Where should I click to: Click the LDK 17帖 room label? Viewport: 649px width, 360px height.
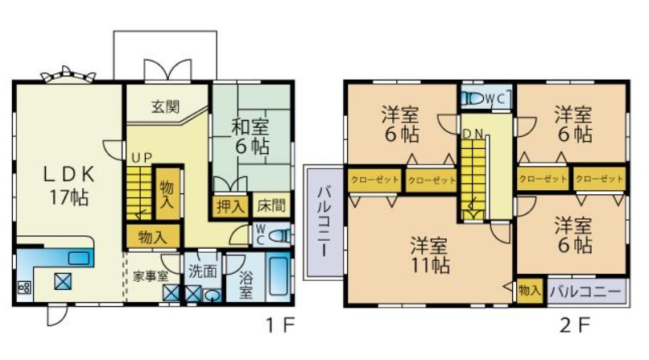69,186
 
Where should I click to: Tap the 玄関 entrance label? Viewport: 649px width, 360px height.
165,107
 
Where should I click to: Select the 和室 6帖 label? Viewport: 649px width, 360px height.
250,137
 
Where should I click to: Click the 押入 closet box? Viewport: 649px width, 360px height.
230,205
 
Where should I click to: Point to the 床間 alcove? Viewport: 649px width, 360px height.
271,205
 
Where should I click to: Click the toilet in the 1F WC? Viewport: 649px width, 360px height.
280,236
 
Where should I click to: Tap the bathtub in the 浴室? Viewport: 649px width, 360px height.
278,276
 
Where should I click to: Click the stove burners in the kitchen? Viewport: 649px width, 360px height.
24,287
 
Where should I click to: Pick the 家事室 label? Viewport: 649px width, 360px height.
151,276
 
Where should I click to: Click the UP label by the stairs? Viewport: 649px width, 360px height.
142,158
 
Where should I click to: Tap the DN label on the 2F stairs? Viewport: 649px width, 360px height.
473,134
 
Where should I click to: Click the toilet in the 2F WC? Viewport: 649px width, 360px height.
473,98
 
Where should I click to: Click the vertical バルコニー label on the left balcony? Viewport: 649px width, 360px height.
324,221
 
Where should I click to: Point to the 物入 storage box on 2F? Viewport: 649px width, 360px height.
530,291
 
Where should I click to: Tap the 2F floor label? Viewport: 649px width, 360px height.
574,325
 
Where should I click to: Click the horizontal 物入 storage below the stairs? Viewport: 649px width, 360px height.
153,237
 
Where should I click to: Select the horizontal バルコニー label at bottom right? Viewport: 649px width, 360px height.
585,292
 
